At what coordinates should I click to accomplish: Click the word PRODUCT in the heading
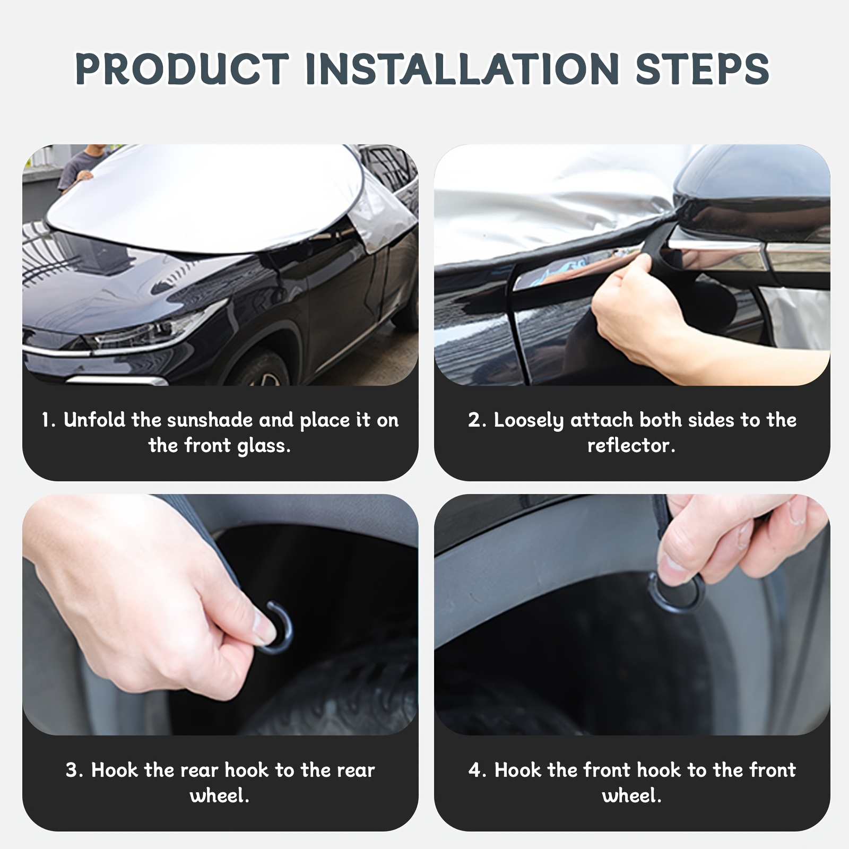click(x=182, y=69)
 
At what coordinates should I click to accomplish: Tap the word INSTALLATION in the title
click(x=462, y=69)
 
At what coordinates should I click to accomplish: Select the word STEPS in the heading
click(x=703, y=69)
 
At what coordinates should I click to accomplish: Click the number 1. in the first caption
click(x=49, y=420)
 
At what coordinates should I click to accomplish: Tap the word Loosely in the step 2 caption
click(x=529, y=421)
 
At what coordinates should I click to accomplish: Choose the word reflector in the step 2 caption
click(x=631, y=446)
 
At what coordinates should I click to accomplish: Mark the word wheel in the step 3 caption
click(x=219, y=795)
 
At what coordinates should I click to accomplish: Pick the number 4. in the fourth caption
click(x=478, y=770)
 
